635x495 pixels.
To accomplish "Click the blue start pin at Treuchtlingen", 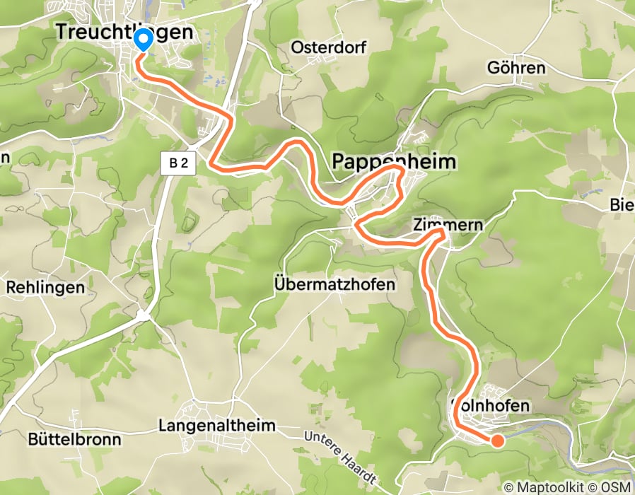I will pyautogui.click(x=143, y=40).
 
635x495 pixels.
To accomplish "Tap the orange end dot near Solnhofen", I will pyautogui.click(x=497, y=441).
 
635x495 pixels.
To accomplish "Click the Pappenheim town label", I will pyautogui.click(x=394, y=163).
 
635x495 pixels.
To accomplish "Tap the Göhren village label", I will pyautogui.click(x=517, y=68).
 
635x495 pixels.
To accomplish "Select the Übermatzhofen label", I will pyautogui.click(x=334, y=284).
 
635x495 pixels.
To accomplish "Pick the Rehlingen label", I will pyautogui.click(x=45, y=288).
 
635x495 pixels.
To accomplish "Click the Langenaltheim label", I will pyautogui.click(x=216, y=426).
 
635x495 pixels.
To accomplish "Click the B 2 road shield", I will pyautogui.click(x=179, y=164).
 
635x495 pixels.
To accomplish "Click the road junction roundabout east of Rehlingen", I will pyautogui.click(x=144, y=314).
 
